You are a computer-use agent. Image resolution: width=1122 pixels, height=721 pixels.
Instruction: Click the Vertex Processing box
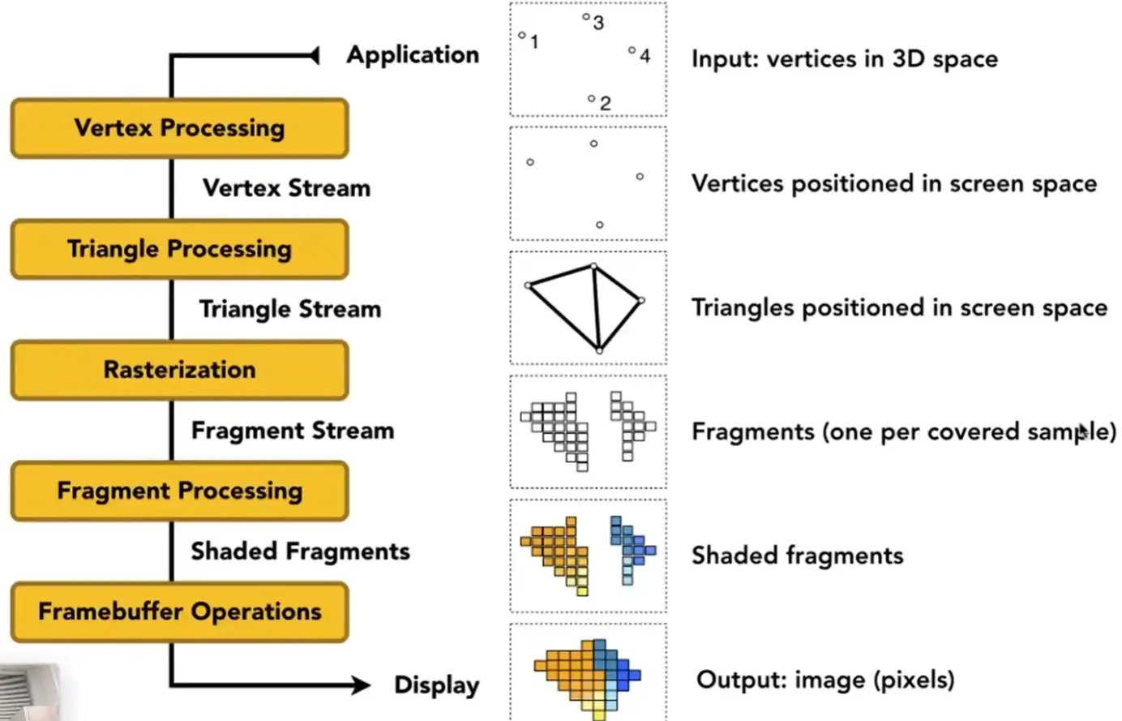[180, 128]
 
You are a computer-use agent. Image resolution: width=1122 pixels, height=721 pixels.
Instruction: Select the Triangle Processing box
[180, 249]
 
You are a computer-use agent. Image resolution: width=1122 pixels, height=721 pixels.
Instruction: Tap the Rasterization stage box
[180, 370]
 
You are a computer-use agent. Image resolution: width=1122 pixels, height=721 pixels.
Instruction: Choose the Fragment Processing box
[180, 491]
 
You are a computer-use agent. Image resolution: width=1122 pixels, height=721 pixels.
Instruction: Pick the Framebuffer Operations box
[180, 612]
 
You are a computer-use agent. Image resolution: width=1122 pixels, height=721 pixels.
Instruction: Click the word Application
[413, 56]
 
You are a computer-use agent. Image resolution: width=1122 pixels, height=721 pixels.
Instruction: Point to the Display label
[437, 685]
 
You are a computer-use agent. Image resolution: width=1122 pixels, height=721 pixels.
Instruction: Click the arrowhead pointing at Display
[361, 685]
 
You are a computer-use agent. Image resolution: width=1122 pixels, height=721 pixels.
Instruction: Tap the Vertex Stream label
[286, 188]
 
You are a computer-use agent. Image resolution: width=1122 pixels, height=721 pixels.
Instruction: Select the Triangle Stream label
[290, 309]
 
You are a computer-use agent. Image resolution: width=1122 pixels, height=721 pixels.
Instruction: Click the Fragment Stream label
[293, 431]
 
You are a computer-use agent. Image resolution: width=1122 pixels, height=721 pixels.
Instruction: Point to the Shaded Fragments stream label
[301, 551]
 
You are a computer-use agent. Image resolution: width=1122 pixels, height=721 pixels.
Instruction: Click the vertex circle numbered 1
[522, 35]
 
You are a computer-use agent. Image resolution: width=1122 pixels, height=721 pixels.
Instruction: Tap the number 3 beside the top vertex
[598, 23]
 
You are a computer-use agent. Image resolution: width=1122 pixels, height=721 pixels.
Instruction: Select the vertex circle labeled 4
[632, 50]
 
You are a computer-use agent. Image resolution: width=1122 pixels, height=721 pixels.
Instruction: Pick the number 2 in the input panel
[606, 104]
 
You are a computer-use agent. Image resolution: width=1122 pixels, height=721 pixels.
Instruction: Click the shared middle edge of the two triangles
[597, 308]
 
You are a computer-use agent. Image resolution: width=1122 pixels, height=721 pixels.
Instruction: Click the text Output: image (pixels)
[825, 680]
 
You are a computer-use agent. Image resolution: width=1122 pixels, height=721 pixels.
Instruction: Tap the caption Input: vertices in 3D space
[845, 59]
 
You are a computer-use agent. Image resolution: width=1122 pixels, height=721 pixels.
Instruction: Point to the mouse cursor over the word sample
[1083, 432]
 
